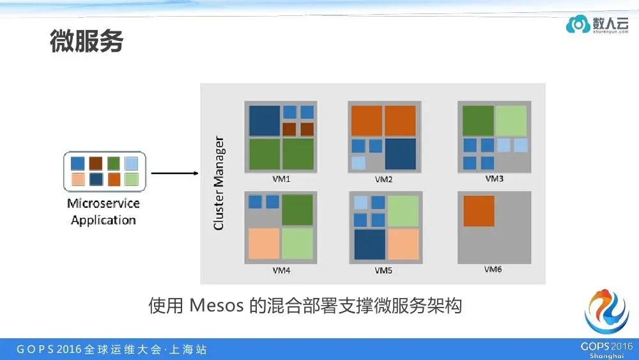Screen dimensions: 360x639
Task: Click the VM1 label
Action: click(x=281, y=179)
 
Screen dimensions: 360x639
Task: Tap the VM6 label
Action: click(x=493, y=269)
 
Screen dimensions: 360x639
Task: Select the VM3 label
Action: click(x=494, y=178)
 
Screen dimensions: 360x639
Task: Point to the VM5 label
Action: click(x=383, y=270)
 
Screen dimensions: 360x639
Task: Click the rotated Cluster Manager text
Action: click(x=219, y=182)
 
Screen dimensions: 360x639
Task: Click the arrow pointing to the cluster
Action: click(x=174, y=173)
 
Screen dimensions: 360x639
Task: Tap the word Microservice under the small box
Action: click(x=104, y=204)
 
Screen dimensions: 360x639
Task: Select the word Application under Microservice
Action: click(x=104, y=220)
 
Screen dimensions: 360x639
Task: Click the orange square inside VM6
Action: click(x=479, y=211)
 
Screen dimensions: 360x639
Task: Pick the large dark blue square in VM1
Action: click(x=264, y=120)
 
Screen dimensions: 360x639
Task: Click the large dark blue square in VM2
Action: click(x=400, y=153)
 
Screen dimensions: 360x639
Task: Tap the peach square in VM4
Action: click(x=264, y=243)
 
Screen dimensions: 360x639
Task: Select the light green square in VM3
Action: click(x=511, y=121)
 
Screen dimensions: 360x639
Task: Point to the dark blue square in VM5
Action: click(x=369, y=244)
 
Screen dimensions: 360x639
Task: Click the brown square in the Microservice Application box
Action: click(x=96, y=162)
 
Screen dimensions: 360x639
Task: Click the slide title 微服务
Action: click(x=86, y=42)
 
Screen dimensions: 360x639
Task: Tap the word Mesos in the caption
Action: click(x=217, y=306)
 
